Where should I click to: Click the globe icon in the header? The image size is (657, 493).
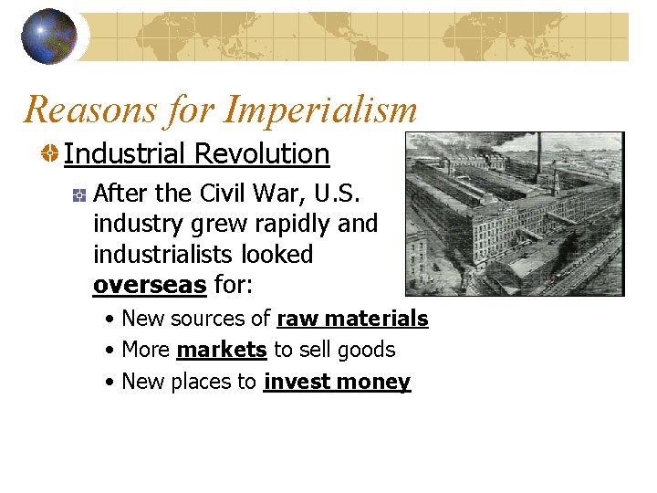[x=49, y=36]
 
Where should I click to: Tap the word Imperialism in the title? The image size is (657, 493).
[x=319, y=110]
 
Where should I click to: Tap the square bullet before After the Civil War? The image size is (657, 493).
[x=80, y=194]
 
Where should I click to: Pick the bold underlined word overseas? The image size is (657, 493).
[x=150, y=284]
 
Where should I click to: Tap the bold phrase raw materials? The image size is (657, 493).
[x=352, y=319]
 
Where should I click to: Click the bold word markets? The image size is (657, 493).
[x=222, y=350]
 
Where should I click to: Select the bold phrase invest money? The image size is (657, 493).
[x=337, y=382]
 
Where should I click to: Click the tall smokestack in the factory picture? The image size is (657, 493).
[x=538, y=155]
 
